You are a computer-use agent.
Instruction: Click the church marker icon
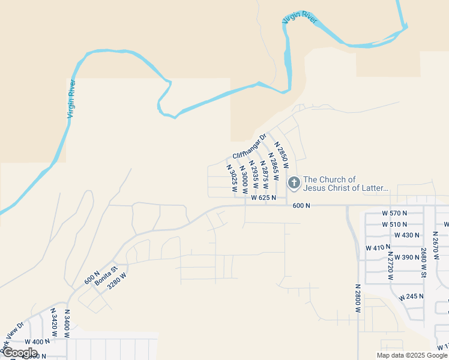click(294, 182)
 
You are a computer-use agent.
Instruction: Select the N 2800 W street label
click(357, 298)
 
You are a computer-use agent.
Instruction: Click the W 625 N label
click(264, 197)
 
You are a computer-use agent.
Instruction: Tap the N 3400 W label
click(68, 324)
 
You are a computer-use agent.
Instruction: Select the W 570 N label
click(394, 213)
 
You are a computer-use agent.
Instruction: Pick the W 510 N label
click(394, 224)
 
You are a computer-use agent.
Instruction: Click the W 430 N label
click(406, 235)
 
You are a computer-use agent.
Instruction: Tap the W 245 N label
click(411, 296)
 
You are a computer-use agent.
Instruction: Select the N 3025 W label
click(232, 178)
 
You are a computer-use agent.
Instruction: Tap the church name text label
click(346, 184)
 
